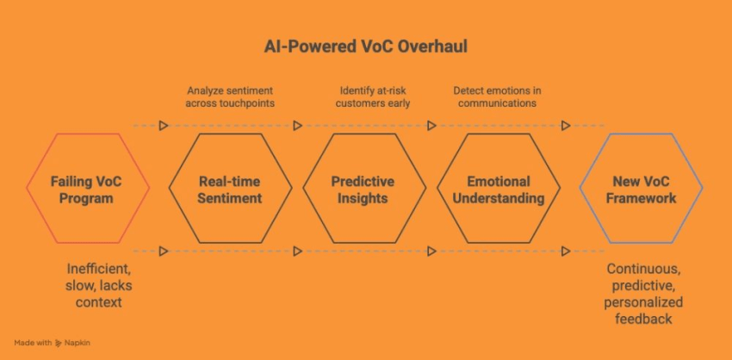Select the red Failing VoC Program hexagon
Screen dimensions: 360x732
tap(88, 189)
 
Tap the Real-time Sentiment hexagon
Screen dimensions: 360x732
tap(229, 189)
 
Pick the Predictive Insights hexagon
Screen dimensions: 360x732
tap(363, 189)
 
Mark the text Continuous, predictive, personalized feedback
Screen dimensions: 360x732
tap(644, 294)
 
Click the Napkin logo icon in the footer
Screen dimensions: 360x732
tap(58, 342)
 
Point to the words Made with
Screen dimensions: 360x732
tap(31, 342)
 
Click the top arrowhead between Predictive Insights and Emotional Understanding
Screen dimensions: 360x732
tap(431, 126)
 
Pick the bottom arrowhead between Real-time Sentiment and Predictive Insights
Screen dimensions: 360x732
tap(297, 251)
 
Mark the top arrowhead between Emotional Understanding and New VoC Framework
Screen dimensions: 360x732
tap(566, 126)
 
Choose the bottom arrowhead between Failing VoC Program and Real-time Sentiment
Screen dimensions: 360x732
tap(163, 251)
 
